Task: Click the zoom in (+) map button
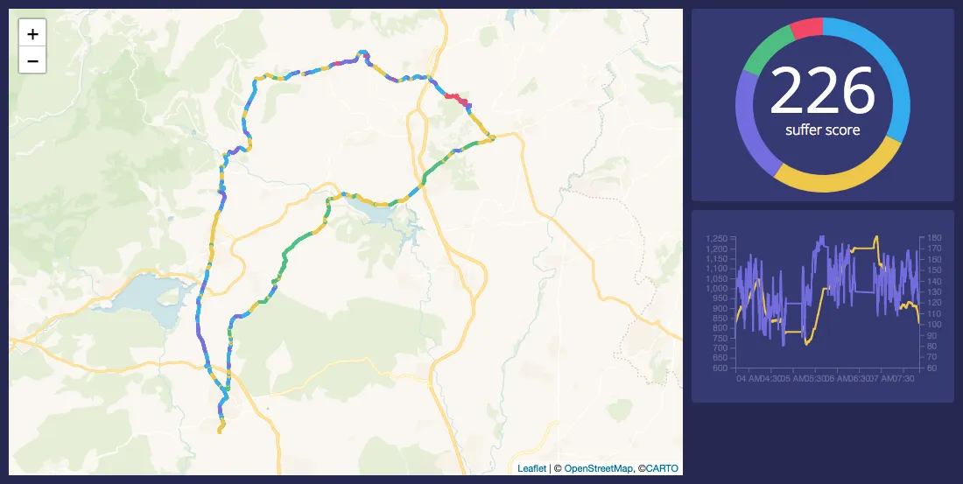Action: (x=32, y=35)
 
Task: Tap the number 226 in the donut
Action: (x=822, y=91)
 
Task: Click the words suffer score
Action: (x=822, y=130)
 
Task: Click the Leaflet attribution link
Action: (x=531, y=468)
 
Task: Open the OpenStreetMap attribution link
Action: (x=598, y=468)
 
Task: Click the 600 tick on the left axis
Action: (x=721, y=368)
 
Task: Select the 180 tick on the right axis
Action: (x=933, y=238)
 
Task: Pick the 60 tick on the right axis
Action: (x=931, y=368)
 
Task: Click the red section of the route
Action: (x=455, y=98)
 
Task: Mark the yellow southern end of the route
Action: (x=221, y=427)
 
